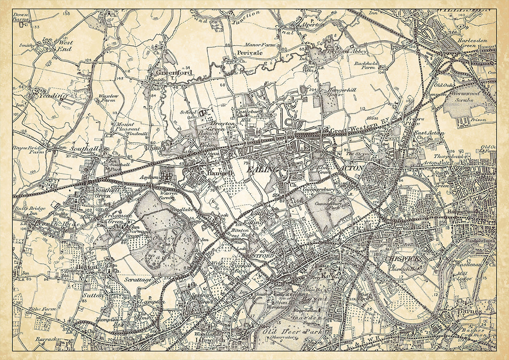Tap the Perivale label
tap(250, 53)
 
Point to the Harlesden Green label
tap(471, 43)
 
